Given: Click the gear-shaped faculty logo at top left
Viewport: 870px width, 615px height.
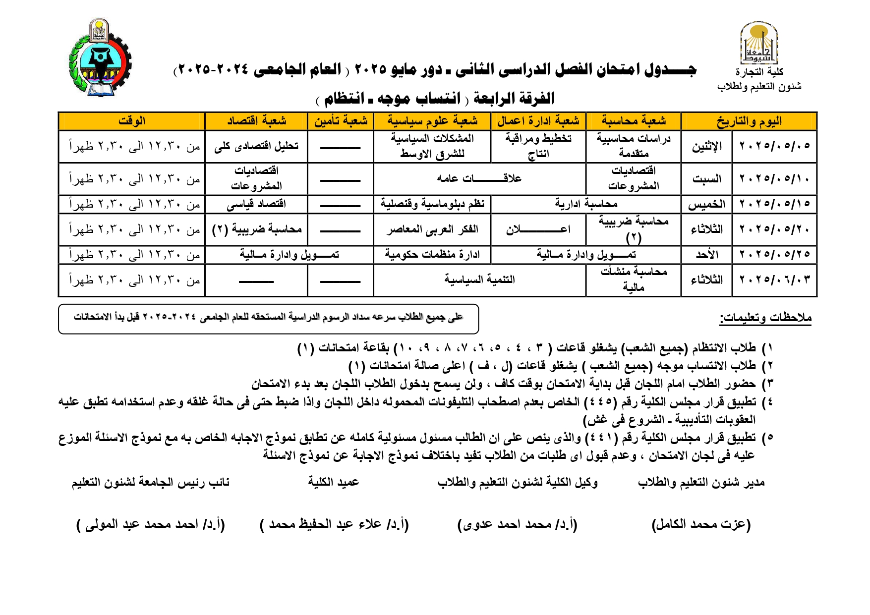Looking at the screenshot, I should pyautogui.click(x=100, y=58).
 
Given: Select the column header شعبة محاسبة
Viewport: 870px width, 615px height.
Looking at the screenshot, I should pyautogui.click(x=634, y=121).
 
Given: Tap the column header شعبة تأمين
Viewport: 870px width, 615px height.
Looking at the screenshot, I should pyautogui.click(x=341, y=121).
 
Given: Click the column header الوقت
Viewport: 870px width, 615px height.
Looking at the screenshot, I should pyautogui.click(x=132, y=121).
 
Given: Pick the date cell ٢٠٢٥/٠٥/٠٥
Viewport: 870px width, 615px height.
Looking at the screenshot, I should pyautogui.click(x=774, y=146).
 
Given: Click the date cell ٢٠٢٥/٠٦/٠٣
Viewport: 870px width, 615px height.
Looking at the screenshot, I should pyautogui.click(x=774, y=280).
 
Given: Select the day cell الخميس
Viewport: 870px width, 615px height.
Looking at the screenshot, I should pyautogui.click(x=706, y=204).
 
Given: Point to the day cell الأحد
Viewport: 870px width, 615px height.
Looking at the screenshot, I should pyautogui.click(x=706, y=255).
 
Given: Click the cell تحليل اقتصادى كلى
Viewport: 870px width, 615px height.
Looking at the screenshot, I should pyautogui.click(x=256, y=146).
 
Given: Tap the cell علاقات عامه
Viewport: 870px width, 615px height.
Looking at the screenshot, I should pyautogui.click(x=479, y=178).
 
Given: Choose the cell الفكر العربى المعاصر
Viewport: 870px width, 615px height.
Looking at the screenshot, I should pyautogui.click(x=432, y=229).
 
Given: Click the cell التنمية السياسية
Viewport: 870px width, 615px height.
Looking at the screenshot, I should pyautogui.click(x=479, y=280).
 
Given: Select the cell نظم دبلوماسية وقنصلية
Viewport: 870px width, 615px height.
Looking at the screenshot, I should pyautogui.click(x=432, y=204).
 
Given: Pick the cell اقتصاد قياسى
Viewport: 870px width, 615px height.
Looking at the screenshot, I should pyautogui.click(x=256, y=204).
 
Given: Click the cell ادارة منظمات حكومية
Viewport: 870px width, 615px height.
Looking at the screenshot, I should pyautogui.click(x=432, y=255).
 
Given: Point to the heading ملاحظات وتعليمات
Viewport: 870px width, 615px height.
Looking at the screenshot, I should pyautogui.click(x=765, y=318).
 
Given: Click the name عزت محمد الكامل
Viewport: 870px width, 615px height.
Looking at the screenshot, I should pyautogui.click(x=701, y=524).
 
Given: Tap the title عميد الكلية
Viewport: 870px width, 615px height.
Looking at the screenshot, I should pyautogui.click(x=334, y=482).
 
